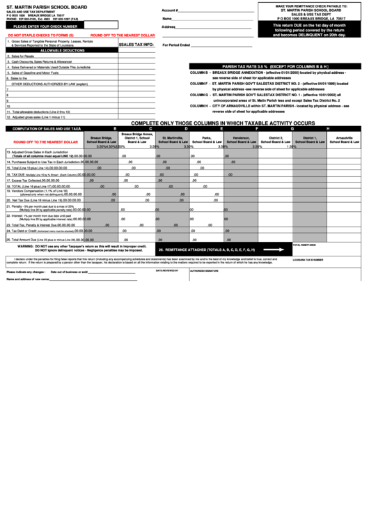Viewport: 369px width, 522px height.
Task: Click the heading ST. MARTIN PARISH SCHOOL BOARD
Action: tap(42, 7)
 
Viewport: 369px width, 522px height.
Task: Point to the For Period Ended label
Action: tap(176, 45)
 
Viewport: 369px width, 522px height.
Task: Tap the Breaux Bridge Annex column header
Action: tap(137, 137)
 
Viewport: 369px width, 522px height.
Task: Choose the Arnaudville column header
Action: tap(348, 139)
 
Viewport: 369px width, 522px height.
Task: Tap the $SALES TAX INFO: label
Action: tap(136, 44)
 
